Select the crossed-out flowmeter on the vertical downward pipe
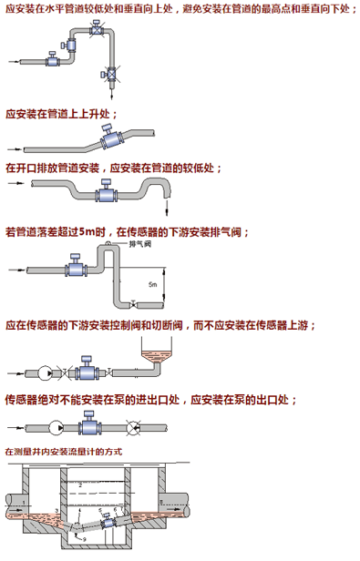pyautogui.click(x=111, y=75)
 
